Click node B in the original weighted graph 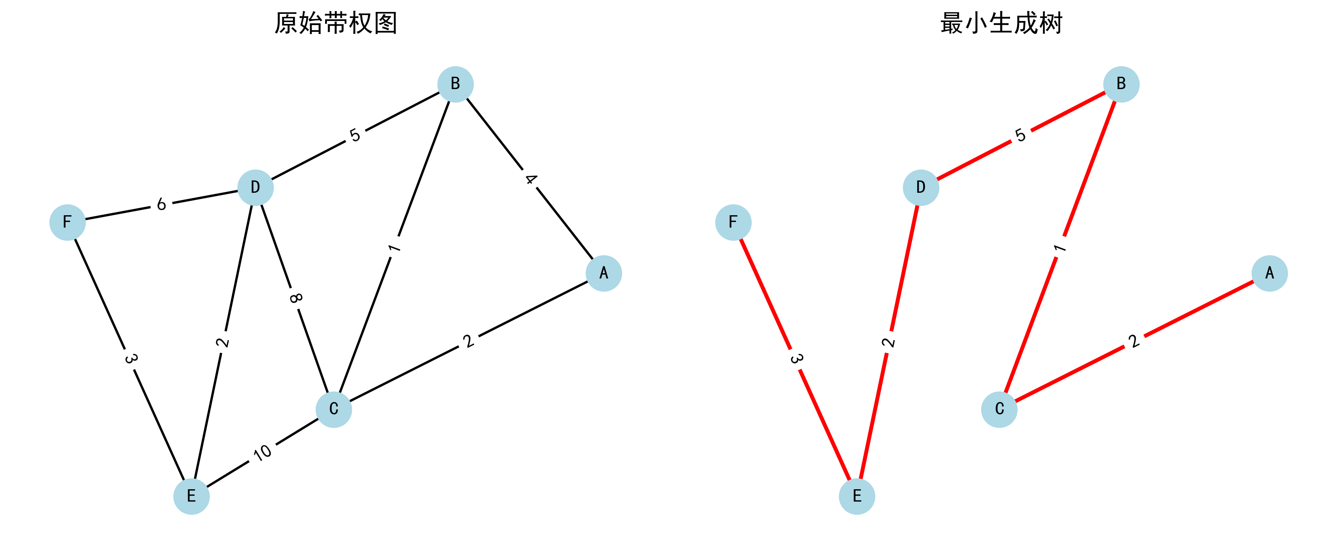click(455, 84)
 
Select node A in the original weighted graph click(604, 273)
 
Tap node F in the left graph click(67, 222)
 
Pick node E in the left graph click(191, 496)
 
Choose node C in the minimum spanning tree click(999, 410)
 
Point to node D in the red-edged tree click(921, 187)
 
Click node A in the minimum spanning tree click(1270, 273)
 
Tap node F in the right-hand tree click(733, 222)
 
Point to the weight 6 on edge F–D click(161, 204)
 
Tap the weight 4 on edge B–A click(530, 180)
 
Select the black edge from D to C click(312, 345)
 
